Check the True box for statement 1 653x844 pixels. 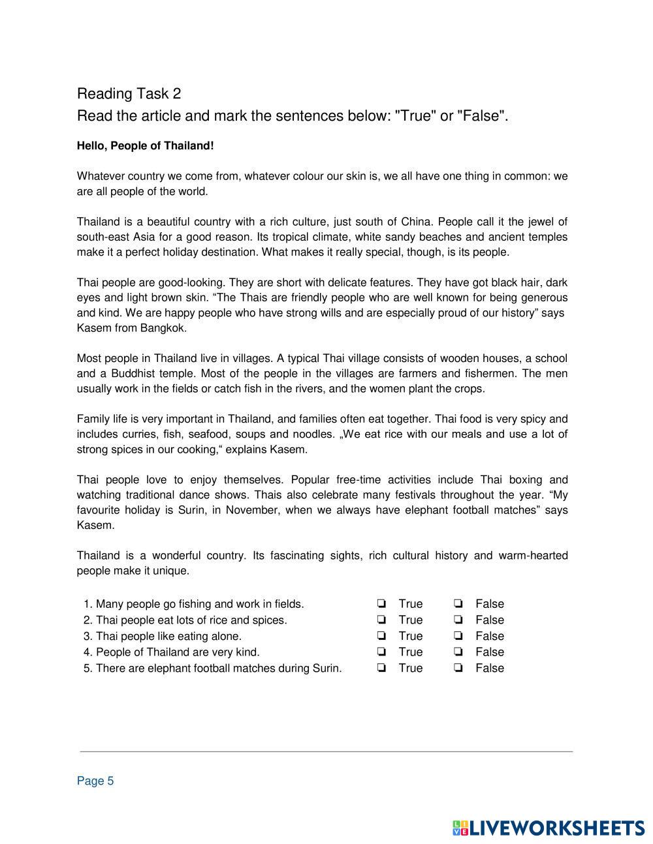[x=381, y=603]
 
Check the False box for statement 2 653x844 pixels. [x=458, y=620]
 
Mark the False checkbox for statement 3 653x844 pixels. [x=458, y=636]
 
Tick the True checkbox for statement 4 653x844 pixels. [x=381, y=652]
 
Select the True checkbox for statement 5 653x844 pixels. [x=381, y=668]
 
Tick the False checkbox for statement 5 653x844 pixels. [x=458, y=668]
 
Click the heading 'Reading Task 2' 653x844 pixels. [x=129, y=94]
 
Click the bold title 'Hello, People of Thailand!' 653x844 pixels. [x=145, y=145]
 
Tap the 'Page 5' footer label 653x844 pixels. [x=95, y=781]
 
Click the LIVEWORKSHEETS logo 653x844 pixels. [x=549, y=828]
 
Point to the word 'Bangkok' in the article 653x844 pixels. [x=163, y=328]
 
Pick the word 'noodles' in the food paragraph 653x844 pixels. [x=306, y=434]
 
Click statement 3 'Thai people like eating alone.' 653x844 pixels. [x=168, y=636]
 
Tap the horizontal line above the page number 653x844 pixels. [x=326, y=751]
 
